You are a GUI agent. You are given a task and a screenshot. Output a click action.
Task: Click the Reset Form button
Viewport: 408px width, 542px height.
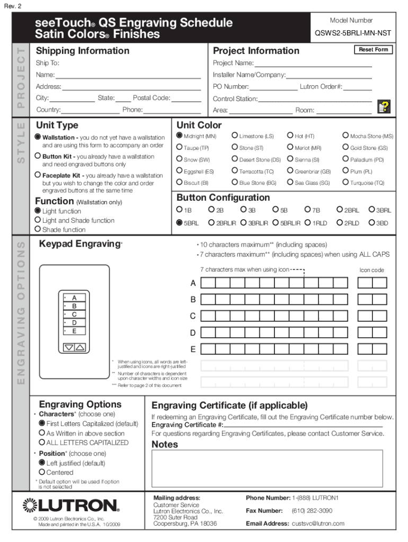coord(373,49)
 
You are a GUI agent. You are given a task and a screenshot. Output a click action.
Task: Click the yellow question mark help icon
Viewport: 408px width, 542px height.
coord(384,107)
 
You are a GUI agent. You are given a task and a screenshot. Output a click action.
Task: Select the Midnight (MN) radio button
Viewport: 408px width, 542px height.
coord(180,136)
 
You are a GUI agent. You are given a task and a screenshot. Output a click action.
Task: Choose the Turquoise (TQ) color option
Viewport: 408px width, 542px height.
coord(346,183)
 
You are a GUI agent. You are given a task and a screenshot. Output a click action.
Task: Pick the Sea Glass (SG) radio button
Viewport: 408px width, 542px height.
coord(290,183)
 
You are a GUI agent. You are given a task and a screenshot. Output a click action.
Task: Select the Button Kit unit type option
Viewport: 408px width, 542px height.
coord(38,156)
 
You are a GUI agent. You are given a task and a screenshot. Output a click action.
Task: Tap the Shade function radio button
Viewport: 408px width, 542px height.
coord(38,229)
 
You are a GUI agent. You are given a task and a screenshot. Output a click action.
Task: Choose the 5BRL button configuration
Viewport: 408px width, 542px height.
coord(180,223)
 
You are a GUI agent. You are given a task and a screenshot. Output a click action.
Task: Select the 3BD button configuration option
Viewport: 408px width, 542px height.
coord(372,223)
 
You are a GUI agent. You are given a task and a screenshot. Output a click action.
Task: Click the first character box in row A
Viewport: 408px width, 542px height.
coord(207,283)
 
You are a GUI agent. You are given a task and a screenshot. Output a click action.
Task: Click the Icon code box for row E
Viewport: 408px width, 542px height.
coord(372,349)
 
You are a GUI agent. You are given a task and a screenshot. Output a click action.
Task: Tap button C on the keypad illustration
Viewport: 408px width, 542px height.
coord(74,314)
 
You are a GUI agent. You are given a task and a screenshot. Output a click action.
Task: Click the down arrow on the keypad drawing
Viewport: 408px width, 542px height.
coord(69,348)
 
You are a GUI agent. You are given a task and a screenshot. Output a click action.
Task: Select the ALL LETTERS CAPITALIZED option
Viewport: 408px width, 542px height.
coord(42,442)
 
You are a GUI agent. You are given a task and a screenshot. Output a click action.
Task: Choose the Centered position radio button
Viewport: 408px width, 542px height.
coord(42,472)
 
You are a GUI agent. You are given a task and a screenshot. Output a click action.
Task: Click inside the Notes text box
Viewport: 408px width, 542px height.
coord(267,468)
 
